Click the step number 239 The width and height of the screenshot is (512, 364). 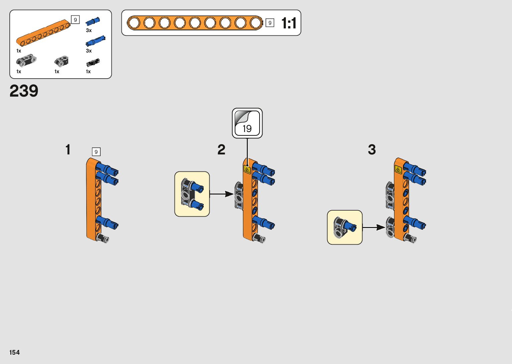coord(24,91)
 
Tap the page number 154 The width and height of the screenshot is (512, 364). coord(14,352)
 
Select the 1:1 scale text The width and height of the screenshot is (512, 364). coord(289,23)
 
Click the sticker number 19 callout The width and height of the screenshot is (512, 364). coord(247,123)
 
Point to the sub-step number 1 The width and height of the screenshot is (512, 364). coord(68,150)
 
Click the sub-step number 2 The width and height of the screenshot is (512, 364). coord(221,150)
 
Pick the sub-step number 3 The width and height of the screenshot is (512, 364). coord(372,150)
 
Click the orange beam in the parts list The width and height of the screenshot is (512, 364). coord(43,33)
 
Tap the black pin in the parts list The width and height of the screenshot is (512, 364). coord(93,63)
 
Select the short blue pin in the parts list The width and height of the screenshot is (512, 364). coord(93,21)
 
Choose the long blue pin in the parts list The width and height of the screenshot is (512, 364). coord(96,41)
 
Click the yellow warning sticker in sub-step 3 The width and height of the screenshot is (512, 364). coord(398,170)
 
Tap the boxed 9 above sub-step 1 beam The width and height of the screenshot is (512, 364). coord(96,152)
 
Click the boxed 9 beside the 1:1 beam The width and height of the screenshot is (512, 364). coord(270,23)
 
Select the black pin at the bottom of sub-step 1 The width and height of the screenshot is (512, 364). coord(102,238)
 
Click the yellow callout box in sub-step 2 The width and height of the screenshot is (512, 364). coord(192,194)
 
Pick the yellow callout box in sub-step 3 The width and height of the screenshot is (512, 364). coord(344,227)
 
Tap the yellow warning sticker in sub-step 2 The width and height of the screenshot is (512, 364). coord(247,170)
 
